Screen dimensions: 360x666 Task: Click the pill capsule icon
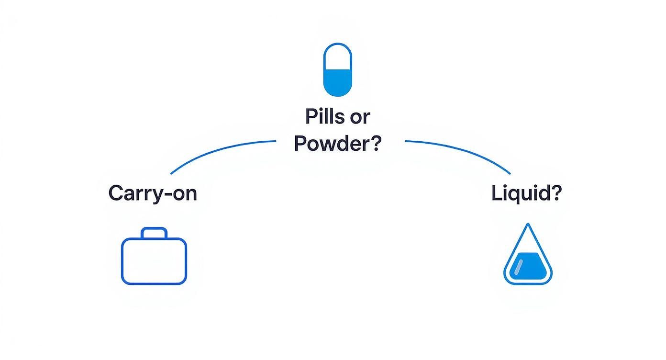tap(337, 69)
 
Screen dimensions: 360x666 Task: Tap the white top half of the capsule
tap(337, 56)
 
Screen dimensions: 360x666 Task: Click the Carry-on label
tap(153, 193)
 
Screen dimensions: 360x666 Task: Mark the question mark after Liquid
tap(556, 193)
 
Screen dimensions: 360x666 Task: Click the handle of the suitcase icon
tap(154, 233)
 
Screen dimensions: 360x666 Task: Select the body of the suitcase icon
tap(154, 261)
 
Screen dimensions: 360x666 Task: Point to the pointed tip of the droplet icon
tap(528, 225)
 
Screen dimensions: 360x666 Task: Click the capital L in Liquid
tap(496, 193)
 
